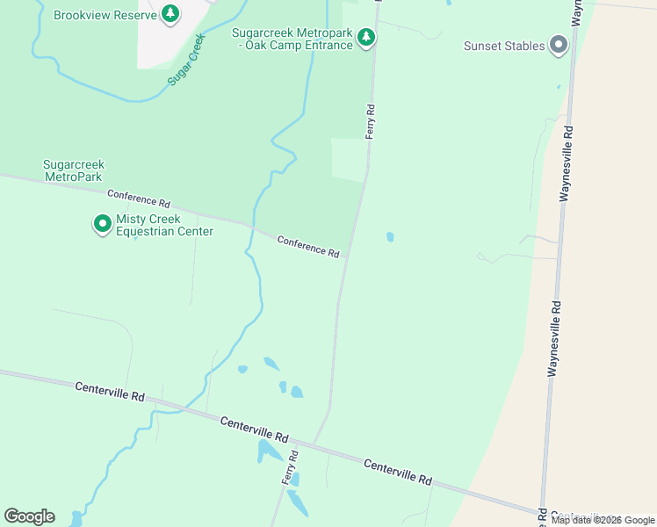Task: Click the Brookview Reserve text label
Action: pyautogui.click(x=105, y=15)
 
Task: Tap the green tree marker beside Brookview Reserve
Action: pyautogui.click(x=170, y=13)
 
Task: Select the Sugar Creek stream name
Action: pyautogui.click(x=185, y=59)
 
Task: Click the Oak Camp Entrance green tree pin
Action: pyautogui.click(x=367, y=37)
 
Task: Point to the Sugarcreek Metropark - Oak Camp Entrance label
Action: pyautogui.click(x=292, y=39)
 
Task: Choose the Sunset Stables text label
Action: pyautogui.click(x=504, y=46)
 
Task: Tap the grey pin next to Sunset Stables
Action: pyautogui.click(x=558, y=45)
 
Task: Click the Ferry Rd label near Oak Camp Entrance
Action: pyautogui.click(x=371, y=121)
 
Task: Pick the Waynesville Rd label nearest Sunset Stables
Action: pyautogui.click(x=568, y=163)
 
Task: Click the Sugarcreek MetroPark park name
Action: pyautogui.click(x=73, y=170)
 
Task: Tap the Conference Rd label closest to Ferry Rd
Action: pyautogui.click(x=308, y=246)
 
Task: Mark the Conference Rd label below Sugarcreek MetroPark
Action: pyautogui.click(x=138, y=199)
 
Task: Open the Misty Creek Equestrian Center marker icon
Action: pyautogui.click(x=102, y=225)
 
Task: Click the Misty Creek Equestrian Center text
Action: pyautogui.click(x=164, y=226)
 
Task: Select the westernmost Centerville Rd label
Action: pyautogui.click(x=110, y=392)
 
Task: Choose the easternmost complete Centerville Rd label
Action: pyautogui.click(x=397, y=473)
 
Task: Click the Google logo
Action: pyautogui.click(x=29, y=516)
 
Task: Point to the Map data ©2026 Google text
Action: pyautogui.click(x=603, y=520)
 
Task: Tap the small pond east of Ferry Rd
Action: pyautogui.click(x=390, y=236)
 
